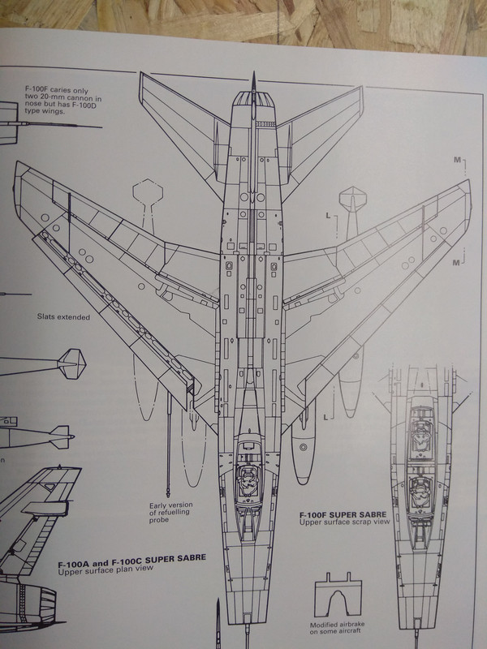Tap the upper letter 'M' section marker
(x=458, y=161)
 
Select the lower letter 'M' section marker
(x=458, y=263)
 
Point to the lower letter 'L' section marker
(x=326, y=417)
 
